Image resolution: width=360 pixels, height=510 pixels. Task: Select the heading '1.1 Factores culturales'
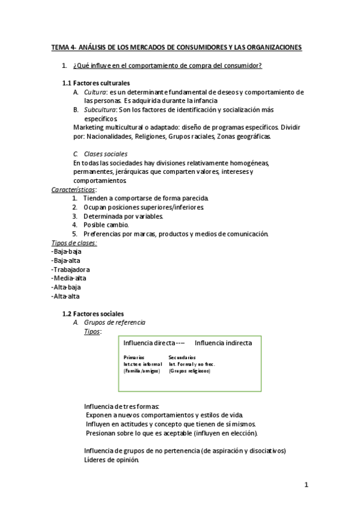click(96, 82)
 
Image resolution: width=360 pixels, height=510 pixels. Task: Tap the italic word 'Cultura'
click(95, 92)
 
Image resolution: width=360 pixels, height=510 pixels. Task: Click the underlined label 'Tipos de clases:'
click(75, 242)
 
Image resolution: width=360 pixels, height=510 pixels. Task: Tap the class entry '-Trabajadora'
click(71, 269)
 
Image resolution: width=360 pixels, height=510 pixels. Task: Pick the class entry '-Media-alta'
click(70, 278)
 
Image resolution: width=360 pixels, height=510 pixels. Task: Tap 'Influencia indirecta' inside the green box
click(223, 343)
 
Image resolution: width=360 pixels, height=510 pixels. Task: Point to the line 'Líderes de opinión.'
click(111, 460)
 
